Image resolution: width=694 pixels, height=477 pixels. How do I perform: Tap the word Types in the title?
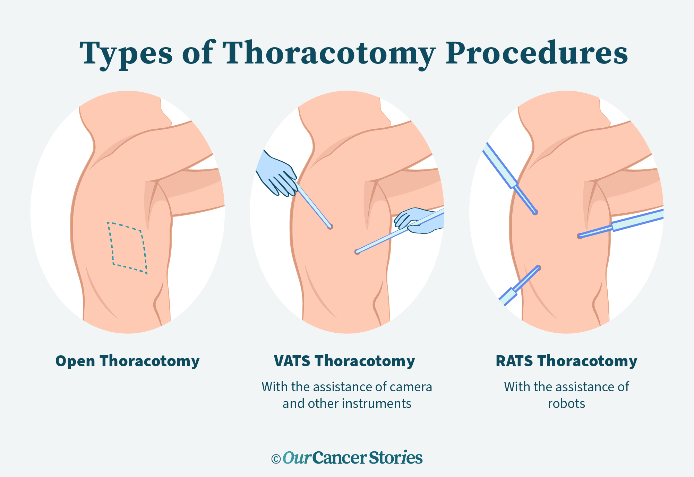pyautogui.click(x=126, y=53)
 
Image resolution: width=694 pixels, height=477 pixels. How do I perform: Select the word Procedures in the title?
pyautogui.click(x=536, y=53)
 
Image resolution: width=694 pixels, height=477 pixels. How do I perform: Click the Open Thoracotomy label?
pyautogui.click(x=127, y=361)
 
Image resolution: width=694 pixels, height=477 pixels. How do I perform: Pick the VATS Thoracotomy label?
pyautogui.click(x=344, y=361)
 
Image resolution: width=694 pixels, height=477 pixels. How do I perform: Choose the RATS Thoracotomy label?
pyautogui.click(x=566, y=361)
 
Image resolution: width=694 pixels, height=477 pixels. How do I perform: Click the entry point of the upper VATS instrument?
pyautogui.click(x=330, y=227)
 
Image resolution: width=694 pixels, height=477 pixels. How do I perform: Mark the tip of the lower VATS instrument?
pyautogui.click(x=357, y=252)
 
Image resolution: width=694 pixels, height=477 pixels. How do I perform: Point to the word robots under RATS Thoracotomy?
pyautogui.click(x=566, y=403)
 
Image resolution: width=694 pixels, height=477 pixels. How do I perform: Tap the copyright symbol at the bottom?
pyautogui.click(x=276, y=459)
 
